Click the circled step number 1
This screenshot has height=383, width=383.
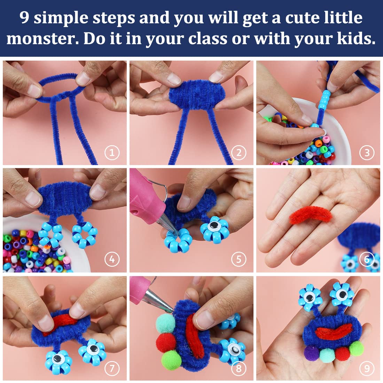click(x=112, y=152)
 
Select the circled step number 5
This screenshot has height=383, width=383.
click(x=239, y=259)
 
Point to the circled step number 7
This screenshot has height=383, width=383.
click(x=112, y=368)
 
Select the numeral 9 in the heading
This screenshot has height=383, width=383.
click(x=25, y=17)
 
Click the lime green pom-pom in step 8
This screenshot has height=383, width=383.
click(x=171, y=359)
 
